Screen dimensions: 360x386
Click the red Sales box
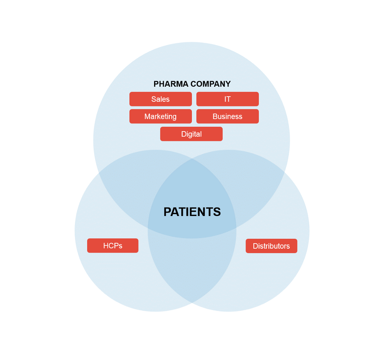[160, 99]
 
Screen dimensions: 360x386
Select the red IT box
[227, 99]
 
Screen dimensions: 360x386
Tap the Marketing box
[160, 116]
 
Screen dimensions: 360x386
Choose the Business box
[227, 116]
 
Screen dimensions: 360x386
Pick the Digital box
[191, 134]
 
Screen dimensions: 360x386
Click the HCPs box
[112, 246]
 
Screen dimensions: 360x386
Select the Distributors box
[271, 246]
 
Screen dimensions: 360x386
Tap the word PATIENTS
[192, 212]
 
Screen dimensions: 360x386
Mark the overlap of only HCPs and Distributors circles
[192, 268]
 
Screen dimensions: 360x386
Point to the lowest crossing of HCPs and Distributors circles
[192, 302]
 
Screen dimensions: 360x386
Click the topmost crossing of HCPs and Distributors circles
[192, 159]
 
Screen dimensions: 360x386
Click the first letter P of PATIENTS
[167, 212]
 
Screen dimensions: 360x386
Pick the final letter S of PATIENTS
[217, 212]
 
